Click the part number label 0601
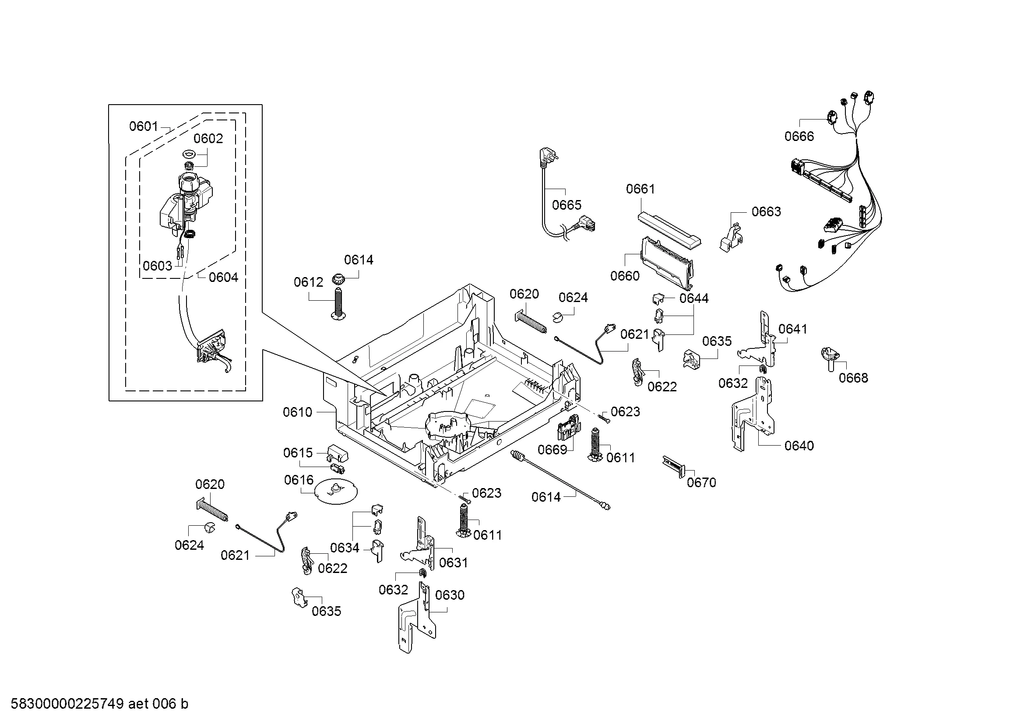pyautogui.click(x=144, y=127)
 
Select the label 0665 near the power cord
pyautogui.click(x=567, y=205)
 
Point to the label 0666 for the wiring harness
pyautogui.click(x=799, y=137)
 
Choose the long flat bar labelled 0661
pyautogui.click(x=669, y=230)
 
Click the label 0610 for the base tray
pyautogui.click(x=297, y=412)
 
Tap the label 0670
pyautogui.click(x=701, y=482)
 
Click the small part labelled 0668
pyautogui.click(x=830, y=358)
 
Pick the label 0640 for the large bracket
pyautogui.click(x=799, y=445)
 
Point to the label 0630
pyautogui.click(x=450, y=595)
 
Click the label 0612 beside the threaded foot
pyautogui.click(x=308, y=282)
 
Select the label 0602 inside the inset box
pyautogui.click(x=208, y=139)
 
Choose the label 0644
pyautogui.click(x=694, y=298)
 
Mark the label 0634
pyautogui.click(x=345, y=548)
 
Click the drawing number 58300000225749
pyautogui.click(x=67, y=704)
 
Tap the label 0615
pyautogui.click(x=298, y=453)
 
